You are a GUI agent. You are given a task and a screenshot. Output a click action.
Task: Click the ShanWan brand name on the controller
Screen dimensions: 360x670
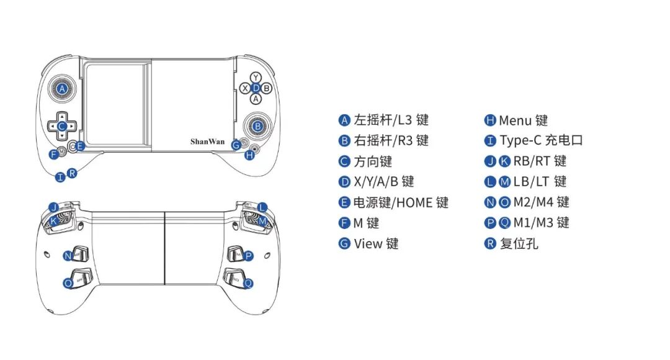pos(207,142)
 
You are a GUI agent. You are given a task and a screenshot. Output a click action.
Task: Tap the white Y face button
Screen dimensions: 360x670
pos(256,78)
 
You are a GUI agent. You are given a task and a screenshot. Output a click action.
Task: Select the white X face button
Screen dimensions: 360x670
pos(244,88)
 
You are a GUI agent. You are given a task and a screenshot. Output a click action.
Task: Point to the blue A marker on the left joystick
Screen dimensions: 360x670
pos(61,89)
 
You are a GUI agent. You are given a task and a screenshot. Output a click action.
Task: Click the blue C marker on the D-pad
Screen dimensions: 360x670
pos(61,126)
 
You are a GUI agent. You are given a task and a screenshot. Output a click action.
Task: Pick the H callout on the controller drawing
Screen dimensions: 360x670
pos(249,155)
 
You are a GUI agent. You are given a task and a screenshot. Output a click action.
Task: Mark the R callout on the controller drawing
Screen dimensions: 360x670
pos(72,173)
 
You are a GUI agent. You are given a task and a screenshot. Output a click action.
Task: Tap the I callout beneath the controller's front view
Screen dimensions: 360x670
pos(60,178)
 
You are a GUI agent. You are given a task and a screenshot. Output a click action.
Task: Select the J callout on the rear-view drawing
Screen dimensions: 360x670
pos(53,207)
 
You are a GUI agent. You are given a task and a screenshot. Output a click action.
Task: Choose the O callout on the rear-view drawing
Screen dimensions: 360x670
pos(68,283)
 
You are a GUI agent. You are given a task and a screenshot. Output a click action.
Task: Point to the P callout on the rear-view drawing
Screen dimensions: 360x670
pos(249,256)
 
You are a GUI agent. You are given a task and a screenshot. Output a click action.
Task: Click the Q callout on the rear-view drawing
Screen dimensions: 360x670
pos(248,283)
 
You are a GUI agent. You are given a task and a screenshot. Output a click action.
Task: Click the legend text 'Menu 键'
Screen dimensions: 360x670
pos(523,120)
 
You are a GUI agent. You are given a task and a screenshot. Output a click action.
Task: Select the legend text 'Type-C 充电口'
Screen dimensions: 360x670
pos(541,141)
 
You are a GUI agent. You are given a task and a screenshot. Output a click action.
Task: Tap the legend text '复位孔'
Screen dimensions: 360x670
pos(519,243)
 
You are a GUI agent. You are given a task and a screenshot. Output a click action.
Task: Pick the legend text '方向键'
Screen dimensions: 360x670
pos(373,161)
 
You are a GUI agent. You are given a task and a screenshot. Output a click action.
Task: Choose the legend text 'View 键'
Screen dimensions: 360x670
pos(376,243)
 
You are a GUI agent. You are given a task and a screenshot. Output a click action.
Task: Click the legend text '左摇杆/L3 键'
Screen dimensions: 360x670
pos(391,120)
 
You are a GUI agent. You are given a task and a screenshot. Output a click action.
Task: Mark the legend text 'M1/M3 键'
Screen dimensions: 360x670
pos(541,223)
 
